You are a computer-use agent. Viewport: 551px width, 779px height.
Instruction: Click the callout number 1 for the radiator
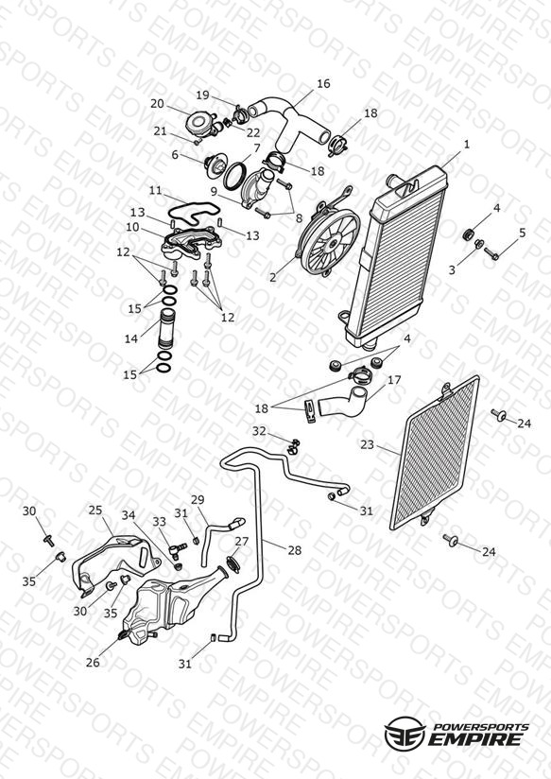pos(466,145)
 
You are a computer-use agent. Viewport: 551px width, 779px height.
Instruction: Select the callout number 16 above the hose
pos(323,83)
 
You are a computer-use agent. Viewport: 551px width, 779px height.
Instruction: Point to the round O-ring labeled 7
pos(234,176)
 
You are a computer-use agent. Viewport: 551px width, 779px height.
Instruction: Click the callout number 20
pos(157,104)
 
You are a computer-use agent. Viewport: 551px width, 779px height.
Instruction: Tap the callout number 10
pos(132,227)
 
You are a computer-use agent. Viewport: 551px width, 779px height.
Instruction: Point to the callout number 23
pos(367,444)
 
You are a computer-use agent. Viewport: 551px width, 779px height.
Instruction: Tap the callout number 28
pos(295,550)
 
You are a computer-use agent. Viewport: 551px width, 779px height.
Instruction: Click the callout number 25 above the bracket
pos(95,510)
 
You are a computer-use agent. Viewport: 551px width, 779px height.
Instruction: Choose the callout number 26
pos(93,663)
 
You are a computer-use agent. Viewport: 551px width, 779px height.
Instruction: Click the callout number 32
pos(259,431)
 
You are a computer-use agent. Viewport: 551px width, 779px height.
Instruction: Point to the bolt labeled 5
pos(491,253)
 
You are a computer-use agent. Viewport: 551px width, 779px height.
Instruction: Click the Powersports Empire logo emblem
pos(405,733)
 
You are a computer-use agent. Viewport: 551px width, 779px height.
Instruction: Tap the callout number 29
pos(198,499)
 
